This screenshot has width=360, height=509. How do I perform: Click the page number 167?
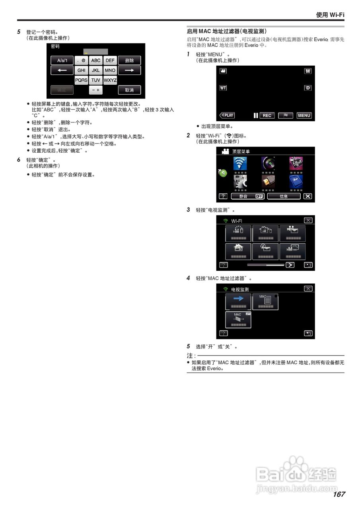tap(339, 494)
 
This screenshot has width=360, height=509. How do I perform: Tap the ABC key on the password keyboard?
tap(95, 60)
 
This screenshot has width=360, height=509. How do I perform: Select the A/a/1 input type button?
tap(62, 60)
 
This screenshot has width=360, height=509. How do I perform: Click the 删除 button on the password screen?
tap(129, 60)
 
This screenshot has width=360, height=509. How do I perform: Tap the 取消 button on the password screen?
tap(129, 90)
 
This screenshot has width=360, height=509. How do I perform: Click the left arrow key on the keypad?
tap(62, 70)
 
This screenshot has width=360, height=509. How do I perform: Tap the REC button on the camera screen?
tap(267, 115)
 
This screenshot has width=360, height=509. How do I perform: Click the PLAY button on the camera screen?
tap(227, 115)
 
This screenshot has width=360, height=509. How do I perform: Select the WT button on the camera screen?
tap(223, 88)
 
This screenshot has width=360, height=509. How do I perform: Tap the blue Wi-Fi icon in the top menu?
tap(240, 163)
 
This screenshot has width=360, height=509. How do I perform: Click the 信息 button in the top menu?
tap(284, 196)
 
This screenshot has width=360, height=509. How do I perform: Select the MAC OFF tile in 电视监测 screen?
tap(238, 320)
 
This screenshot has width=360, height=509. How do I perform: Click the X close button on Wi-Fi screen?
tap(308, 220)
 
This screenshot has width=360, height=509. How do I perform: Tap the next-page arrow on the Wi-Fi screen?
tap(290, 265)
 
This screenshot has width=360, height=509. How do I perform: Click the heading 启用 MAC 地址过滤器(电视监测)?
tap(227, 31)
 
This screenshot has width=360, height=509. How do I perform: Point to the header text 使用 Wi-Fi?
tap(330, 15)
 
